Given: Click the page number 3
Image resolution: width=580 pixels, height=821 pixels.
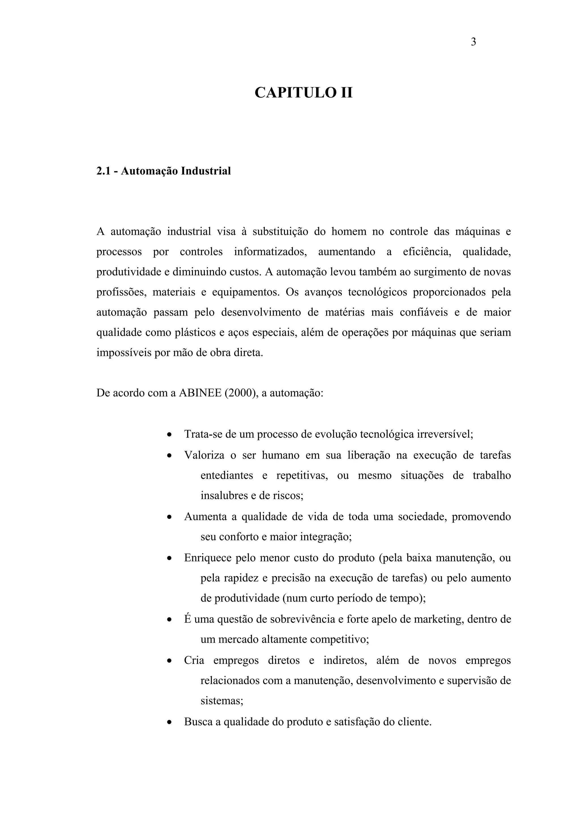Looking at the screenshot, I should (473, 42).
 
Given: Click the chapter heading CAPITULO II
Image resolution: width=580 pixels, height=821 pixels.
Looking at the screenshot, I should (303, 93).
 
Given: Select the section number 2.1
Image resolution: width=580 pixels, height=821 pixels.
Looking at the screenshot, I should (104, 171).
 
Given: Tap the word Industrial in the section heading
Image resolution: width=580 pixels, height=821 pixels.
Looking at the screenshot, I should (206, 171).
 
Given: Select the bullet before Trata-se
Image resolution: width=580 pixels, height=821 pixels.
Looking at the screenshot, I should (170, 435).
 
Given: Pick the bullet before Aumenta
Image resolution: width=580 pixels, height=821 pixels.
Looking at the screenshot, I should (170, 517).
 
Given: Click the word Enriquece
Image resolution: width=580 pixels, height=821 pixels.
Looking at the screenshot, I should (208, 558).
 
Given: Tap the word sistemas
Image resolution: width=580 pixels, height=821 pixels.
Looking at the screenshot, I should (221, 701).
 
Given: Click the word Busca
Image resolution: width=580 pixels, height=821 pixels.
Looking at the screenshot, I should (198, 722).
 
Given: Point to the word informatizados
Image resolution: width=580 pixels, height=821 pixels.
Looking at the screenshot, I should (270, 252).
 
